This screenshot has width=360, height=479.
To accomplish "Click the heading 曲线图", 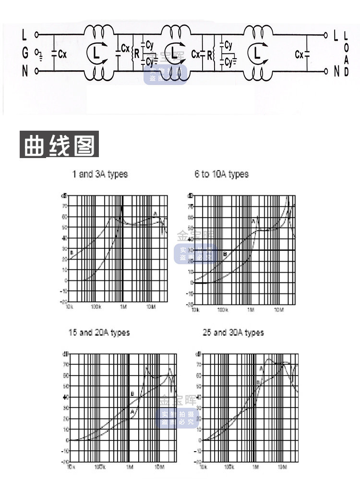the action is point(59,144).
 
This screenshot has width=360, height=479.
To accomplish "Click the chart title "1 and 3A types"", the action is point(100,174).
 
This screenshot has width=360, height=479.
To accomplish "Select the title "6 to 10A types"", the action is point(222,174).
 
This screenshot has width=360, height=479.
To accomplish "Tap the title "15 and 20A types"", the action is point(99,332).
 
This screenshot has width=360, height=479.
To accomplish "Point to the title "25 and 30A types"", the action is point(233,332).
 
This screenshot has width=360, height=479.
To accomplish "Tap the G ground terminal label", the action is point(25,53).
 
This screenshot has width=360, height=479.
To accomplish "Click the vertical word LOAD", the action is point(347,53).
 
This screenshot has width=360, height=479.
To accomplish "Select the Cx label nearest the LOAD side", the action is point(300,54).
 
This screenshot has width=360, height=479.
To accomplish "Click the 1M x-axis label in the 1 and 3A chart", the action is point(123,306).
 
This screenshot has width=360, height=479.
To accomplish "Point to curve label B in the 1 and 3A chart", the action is point(72,252).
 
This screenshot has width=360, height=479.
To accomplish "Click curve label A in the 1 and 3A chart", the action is point(155,213).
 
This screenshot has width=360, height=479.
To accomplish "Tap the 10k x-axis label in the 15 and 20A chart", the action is point(71,467).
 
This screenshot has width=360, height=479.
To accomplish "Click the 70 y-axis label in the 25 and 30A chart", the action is point(198,365).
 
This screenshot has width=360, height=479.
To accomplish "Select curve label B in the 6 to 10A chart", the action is point(225,254).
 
